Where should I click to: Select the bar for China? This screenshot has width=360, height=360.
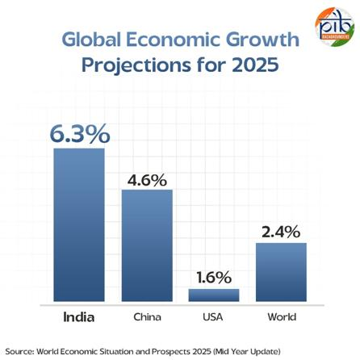tap(147, 245)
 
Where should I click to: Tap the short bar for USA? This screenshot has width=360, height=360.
tap(214, 295)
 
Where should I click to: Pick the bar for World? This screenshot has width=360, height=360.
tap(281, 271)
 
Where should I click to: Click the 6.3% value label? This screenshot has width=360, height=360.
tap(79, 134)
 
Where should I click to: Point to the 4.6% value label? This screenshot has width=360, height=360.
tap(147, 179)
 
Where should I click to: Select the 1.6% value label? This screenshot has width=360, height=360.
tap(214, 277)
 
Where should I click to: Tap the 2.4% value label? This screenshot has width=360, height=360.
tap(281, 232)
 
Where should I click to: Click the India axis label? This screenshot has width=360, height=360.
tap(79, 317)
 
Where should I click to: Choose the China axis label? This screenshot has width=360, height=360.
tap(147, 317)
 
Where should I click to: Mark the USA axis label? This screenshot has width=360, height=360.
tap(214, 317)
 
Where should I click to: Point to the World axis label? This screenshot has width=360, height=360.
tap(282, 317)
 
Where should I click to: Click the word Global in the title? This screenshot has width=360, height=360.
tap(89, 40)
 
